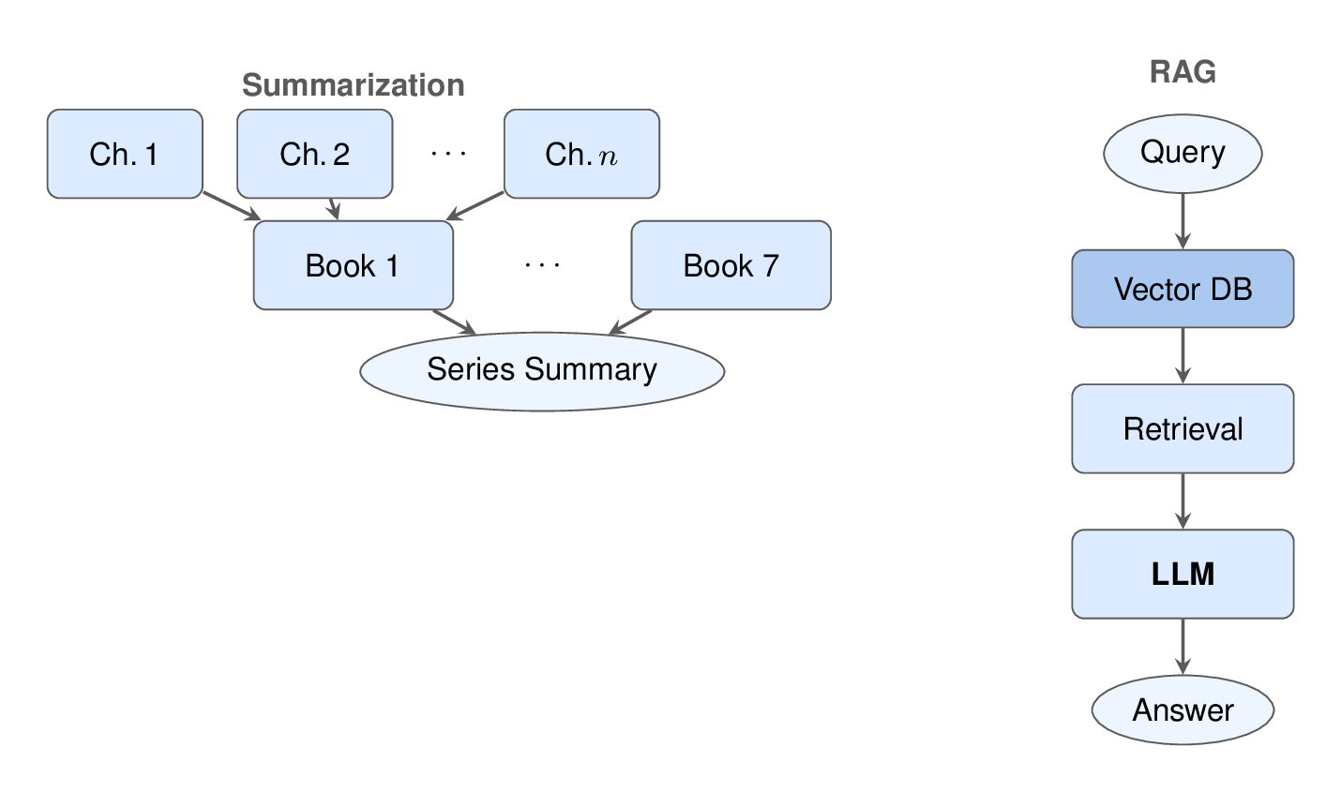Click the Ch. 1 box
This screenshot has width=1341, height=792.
125,154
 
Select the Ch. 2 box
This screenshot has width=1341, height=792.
314,154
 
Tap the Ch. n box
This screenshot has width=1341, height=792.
581,154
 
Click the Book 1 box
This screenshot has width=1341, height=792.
353,265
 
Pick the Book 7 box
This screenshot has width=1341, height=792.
731,265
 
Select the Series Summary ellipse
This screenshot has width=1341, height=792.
542,370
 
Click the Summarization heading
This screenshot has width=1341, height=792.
353,85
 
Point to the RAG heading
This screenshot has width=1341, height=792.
1183,72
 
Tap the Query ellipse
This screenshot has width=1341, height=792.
1183,153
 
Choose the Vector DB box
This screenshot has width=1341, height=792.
1183,289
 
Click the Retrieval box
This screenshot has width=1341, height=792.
1183,428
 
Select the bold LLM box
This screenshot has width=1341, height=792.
1183,574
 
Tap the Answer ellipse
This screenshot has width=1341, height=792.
1183,710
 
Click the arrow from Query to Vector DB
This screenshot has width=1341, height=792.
1183,220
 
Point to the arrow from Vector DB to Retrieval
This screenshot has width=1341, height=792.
1183,355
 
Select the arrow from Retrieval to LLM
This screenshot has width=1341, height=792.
1183,501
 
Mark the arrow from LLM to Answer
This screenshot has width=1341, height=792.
1183,647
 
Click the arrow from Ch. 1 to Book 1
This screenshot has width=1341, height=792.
231,206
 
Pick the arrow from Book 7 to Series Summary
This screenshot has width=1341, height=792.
631,321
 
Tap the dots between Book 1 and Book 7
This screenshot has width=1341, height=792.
542,266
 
